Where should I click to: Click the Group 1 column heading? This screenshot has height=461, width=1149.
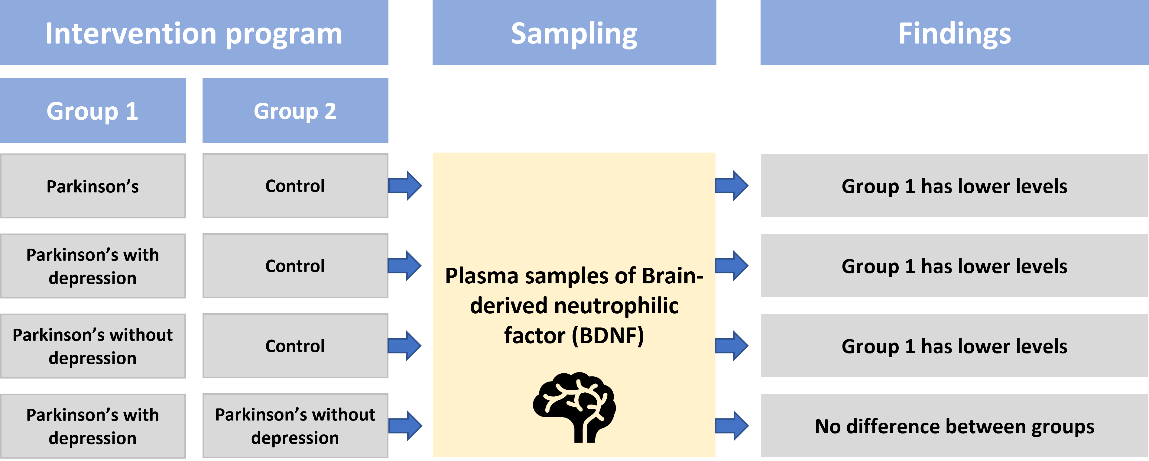click(x=93, y=111)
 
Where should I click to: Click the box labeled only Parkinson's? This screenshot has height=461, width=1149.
click(x=93, y=186)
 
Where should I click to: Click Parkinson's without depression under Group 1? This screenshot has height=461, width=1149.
click(x=93, y=346)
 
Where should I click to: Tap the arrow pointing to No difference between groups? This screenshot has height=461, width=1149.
click(x=732, y=426)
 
